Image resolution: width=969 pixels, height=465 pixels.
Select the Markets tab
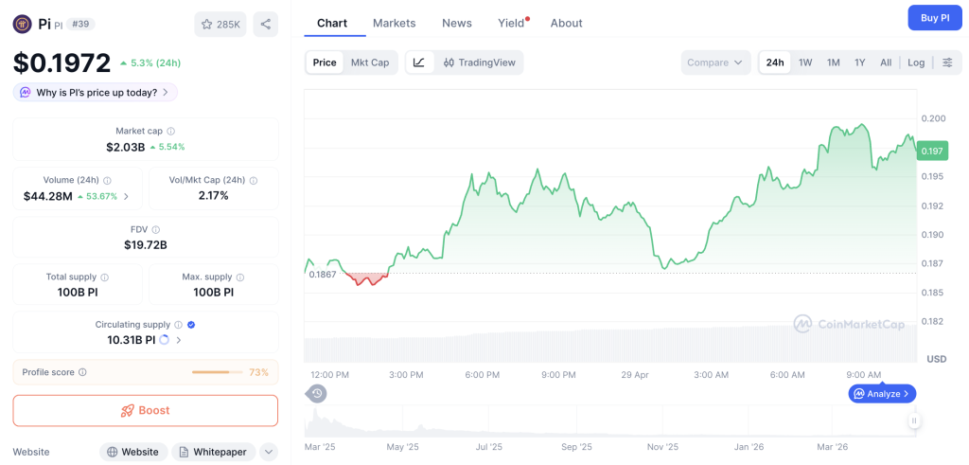pyautogui.click(x=394, y=23)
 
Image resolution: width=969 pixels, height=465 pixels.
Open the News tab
pyautogui.click(x=457, y=23)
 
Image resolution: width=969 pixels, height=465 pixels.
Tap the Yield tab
pyautogui.click(x=511, y=23)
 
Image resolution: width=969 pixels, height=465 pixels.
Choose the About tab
pyautogui.click(x=567, y=23)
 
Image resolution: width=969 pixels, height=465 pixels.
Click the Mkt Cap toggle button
pyautogui.click(x=370, y=63)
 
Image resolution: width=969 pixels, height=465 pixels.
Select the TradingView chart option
pyautogui.click(x=479, y=63)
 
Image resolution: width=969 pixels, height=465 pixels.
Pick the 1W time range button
pyautogui.click(x=805, y=63)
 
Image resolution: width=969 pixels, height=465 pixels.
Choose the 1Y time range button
pyautogui.click(x=860, y=63)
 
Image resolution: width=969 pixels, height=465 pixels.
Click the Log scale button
pyautogui.click(x=916, y=63)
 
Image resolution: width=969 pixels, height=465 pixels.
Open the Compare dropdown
pyautogui.click(x=715, y=63)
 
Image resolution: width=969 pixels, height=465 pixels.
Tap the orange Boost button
pyautogui.click(x=145, y=410)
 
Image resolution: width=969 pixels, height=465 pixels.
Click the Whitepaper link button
pyautogui.click(x=214, y=452)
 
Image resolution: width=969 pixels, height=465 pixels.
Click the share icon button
pyautogui.click(x=266, y=25)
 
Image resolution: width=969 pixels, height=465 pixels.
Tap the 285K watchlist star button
pyautogui.click(x=220, y=25)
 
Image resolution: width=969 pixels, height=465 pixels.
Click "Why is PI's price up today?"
pyautogui.click(x=95, y=92)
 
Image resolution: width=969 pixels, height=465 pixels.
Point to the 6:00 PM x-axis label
pyautogui.click(x=482, y=375)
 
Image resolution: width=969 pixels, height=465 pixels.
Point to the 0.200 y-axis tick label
pyautogui.click(x=933, y=118)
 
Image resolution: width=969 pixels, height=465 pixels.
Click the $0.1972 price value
pyautogui.click(x=62, y=63)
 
